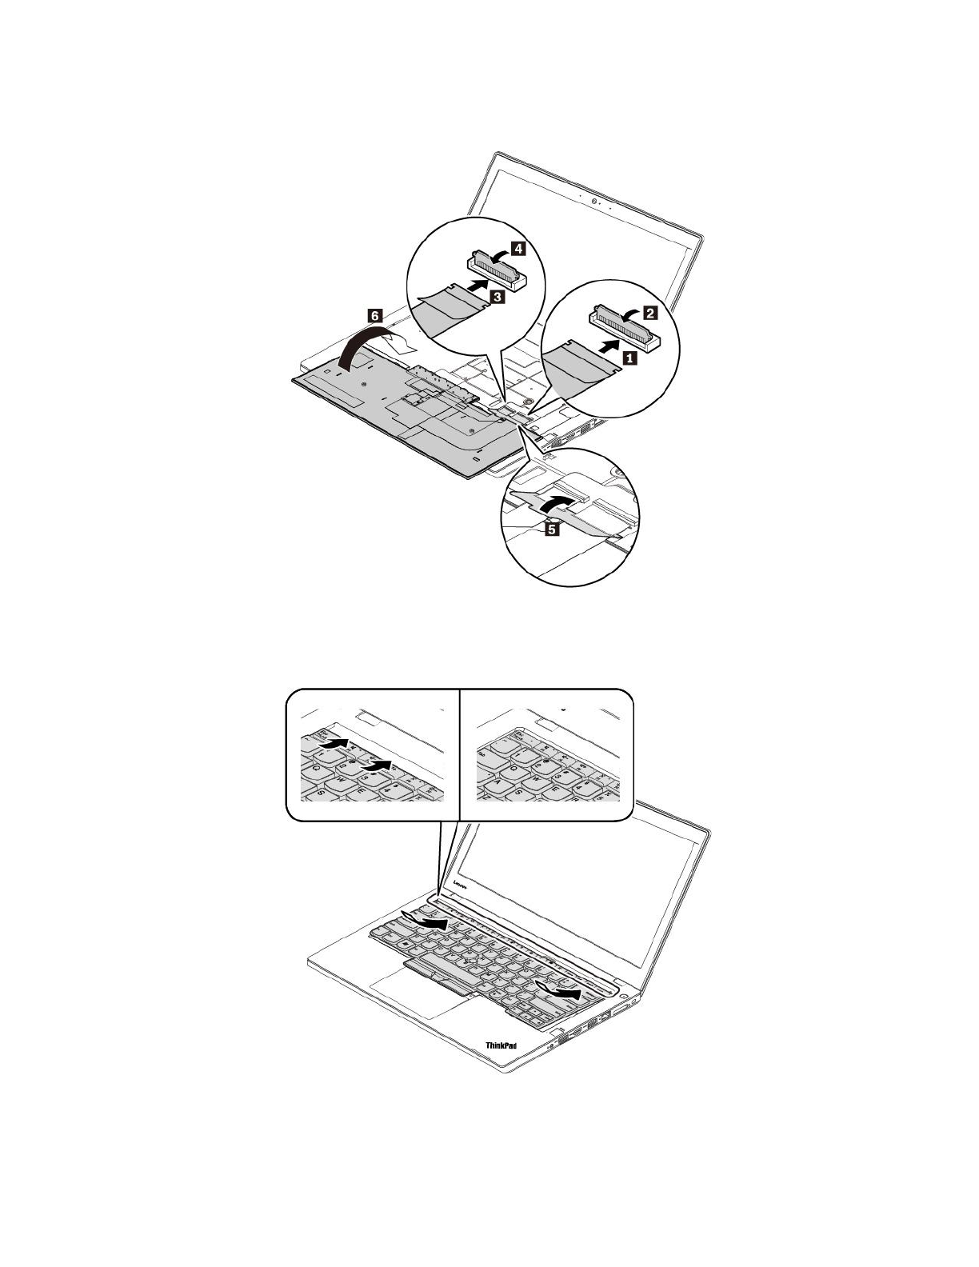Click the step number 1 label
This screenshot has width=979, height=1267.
tap(629, 359)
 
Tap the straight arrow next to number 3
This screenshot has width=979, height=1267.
tap(478, 284)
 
